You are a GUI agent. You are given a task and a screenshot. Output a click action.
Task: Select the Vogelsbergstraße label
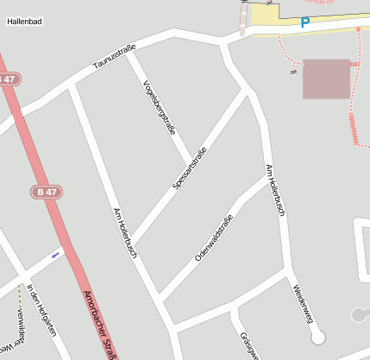coord(160,107)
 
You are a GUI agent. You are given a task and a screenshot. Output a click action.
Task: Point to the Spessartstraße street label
coord(191,168)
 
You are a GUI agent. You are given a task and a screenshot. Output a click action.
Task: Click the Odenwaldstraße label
coord(214,237)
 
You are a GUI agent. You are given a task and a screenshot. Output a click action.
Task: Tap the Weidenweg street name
coord(302,303)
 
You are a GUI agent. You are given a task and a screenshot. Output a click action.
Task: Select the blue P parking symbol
coord(304,23)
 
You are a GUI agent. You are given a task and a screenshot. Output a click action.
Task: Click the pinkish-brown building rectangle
coord(326,79)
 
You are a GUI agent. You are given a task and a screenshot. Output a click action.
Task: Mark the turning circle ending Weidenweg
coord(318,336)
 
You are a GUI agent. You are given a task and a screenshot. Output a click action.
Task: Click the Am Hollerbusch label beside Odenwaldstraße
coord(275,190)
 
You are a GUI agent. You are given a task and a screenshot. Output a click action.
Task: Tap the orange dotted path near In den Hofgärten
coord(19,296)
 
